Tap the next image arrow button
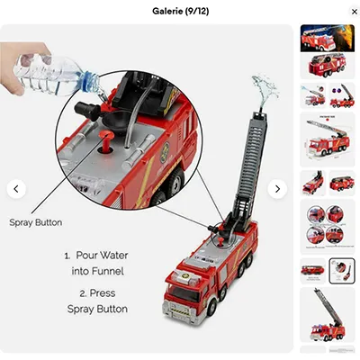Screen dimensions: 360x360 [x=277, y=189]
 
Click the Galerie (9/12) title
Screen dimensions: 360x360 [x=179, y=11]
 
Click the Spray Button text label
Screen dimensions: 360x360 [x=36, y=221]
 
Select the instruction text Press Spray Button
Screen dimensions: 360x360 [x=97, y=301]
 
